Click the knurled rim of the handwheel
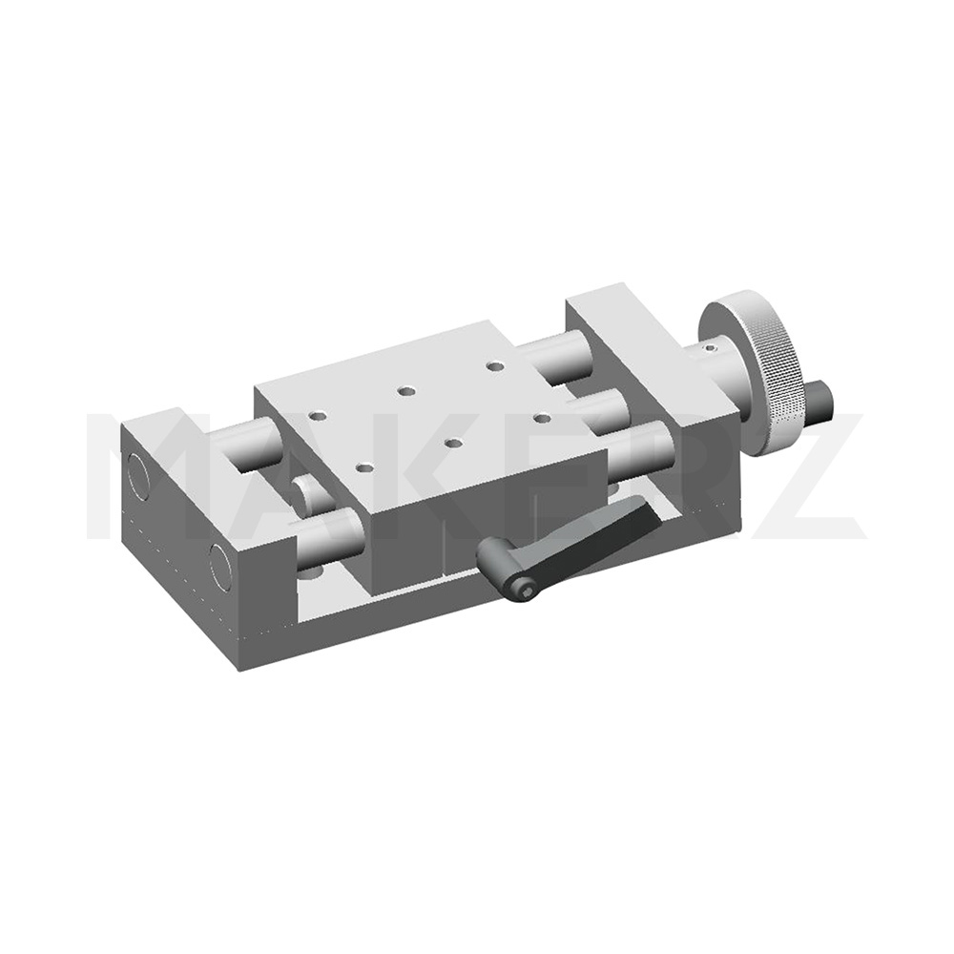[x=776, y=389]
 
